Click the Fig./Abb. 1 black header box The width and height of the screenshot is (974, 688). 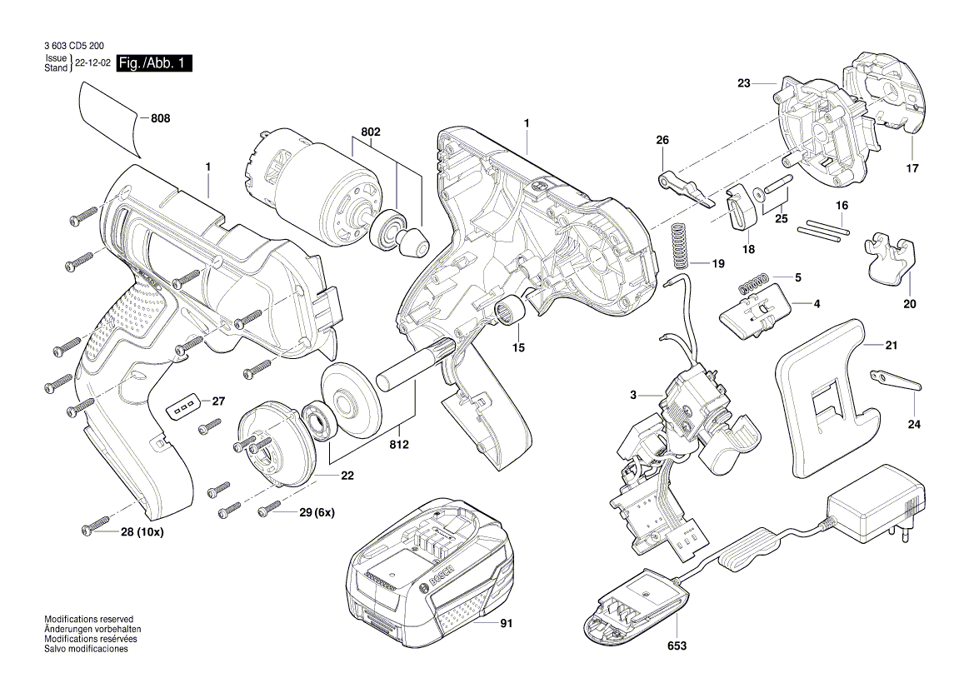tap(154, 63)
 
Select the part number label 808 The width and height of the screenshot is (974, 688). tap(160, 119)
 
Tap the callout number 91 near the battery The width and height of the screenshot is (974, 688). tap(506, 623)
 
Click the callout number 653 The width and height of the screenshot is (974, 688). tap(676, 646)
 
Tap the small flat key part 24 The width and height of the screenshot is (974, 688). tap(896, 380)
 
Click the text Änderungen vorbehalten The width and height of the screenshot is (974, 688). tap(92, 630)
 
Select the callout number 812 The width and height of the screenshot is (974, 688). tap(398, 445)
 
